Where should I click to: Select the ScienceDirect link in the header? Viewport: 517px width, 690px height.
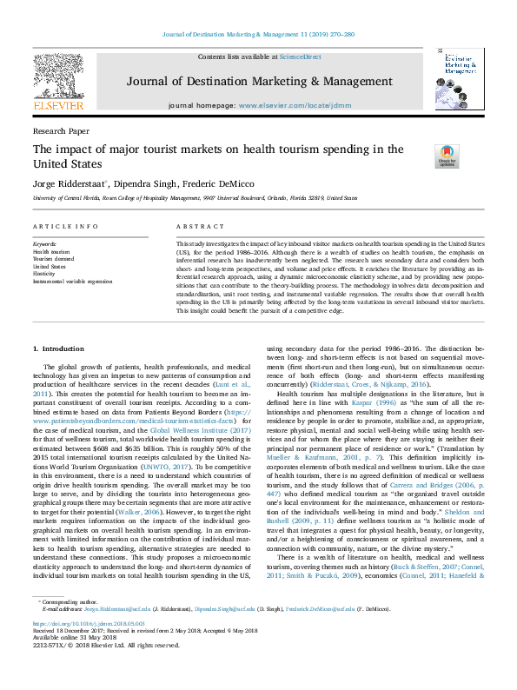coord(302,56)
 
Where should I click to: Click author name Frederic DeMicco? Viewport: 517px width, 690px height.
coord(215,183)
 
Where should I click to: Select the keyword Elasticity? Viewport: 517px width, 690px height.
coord(45,274)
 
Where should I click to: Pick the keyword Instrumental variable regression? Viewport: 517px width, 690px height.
coord(73,282)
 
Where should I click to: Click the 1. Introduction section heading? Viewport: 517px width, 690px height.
coord(58,348)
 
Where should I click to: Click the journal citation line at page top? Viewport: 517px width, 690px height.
coord(258,34)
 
